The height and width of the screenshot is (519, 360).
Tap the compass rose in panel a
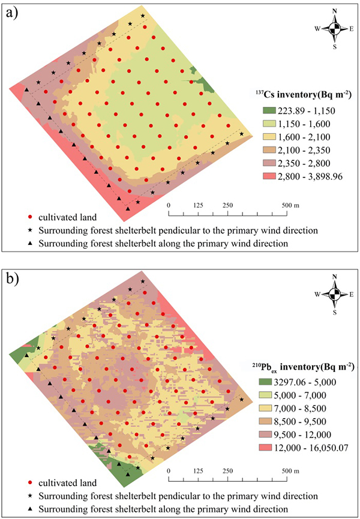point(335,28)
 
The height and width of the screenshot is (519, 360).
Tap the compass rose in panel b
point(335,292)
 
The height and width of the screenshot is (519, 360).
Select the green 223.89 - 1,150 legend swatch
point(271,110)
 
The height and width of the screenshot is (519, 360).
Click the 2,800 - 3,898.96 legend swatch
point(271,176)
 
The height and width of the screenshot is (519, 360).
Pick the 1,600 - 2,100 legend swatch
point(271,137)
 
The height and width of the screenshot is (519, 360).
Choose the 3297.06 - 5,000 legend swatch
point(271,382)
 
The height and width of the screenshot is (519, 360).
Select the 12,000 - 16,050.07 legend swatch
point(271,446)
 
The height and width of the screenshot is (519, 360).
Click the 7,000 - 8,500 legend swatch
point(271,408)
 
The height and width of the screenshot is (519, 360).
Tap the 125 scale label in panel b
point(198,470)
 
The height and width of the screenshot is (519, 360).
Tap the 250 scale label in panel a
point(227,206)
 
